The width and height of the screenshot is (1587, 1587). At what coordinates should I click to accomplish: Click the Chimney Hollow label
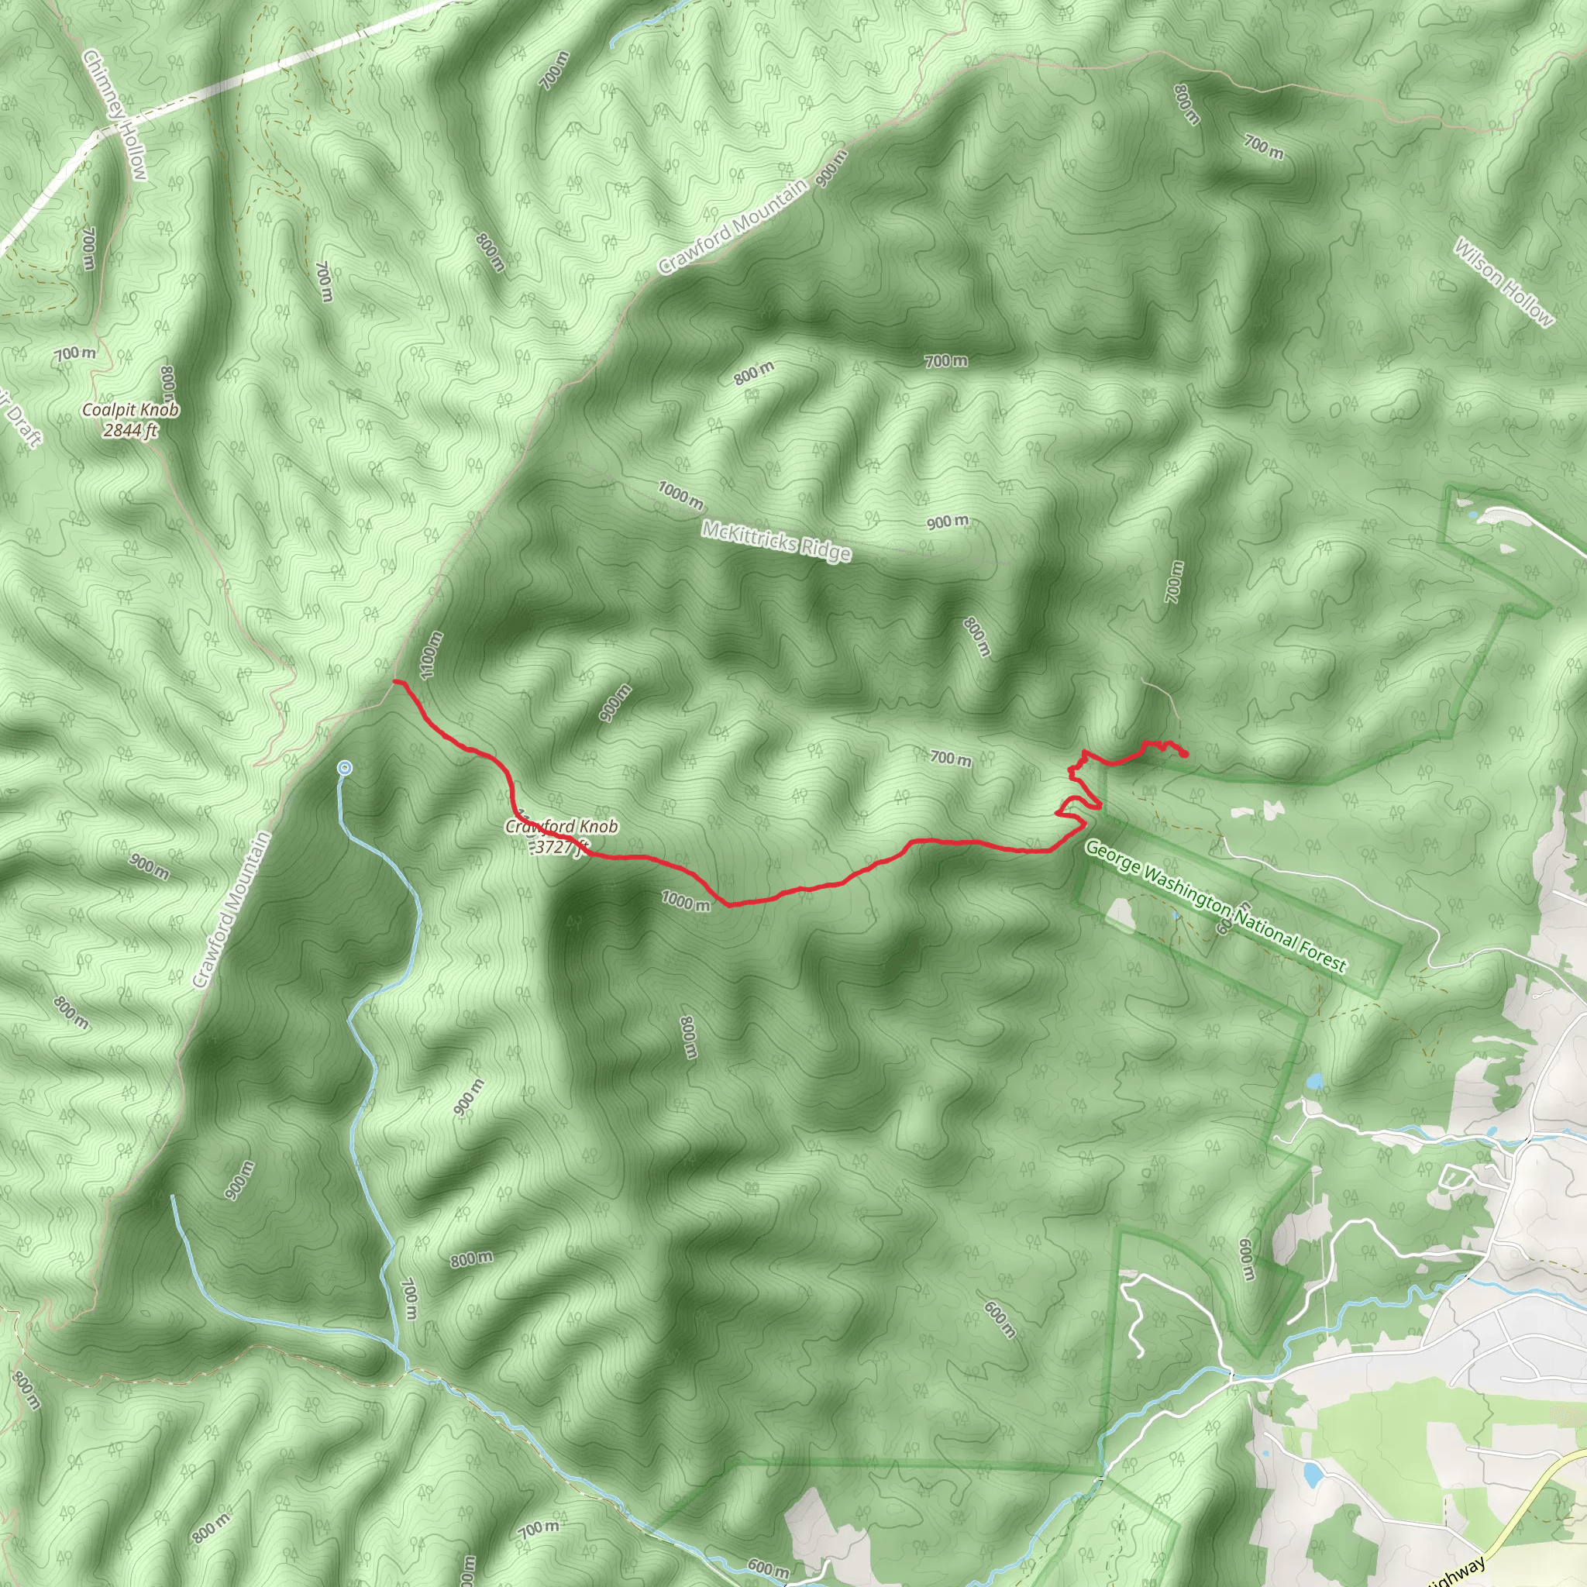tap(115, 114)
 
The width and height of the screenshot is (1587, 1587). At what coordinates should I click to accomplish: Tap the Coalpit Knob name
tap(131, 410)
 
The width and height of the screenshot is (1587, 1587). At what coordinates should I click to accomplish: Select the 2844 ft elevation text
tap(131, 429)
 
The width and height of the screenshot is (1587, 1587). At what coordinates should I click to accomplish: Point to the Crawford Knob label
tap(562, 826)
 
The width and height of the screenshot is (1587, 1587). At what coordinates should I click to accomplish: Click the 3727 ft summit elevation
tap(559, 847)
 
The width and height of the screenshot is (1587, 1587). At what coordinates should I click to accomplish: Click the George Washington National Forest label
tap(1216, 905)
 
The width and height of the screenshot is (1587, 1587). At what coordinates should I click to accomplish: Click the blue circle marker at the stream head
tap(345, 767)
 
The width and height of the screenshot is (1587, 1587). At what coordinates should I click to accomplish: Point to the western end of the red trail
tap(395, 681)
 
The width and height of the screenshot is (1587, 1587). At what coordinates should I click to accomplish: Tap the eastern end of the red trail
tap(1187, 755)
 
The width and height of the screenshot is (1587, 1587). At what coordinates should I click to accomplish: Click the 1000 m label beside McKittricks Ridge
tap(680, 494)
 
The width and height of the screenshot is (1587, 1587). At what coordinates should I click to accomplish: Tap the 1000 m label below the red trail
tap(685, 901)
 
